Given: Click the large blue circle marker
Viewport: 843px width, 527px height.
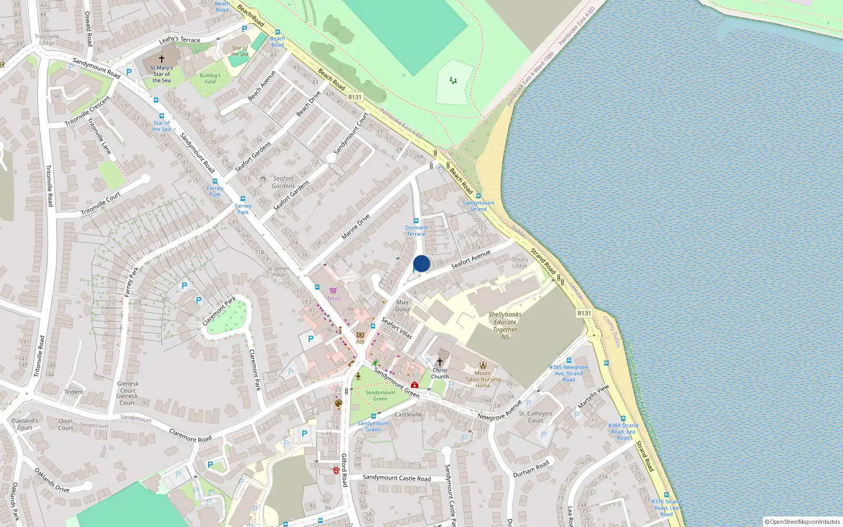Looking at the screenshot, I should pos(421,263).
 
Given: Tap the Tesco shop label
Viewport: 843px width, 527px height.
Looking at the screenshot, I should pos(334,298).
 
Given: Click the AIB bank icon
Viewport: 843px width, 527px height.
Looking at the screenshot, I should pos(360,335).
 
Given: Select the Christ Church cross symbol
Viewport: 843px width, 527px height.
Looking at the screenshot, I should pos(440,362).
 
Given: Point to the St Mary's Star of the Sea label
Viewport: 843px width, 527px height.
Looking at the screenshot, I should pos(161,74).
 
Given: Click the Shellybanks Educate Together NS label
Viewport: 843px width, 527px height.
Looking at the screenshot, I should pos(505,326).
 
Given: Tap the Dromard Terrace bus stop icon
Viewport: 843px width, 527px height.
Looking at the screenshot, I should pos(416,221).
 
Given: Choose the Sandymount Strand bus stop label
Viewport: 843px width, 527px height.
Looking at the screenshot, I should pos(478,206).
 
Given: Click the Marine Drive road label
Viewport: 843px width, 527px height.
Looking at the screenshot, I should pos(356,227).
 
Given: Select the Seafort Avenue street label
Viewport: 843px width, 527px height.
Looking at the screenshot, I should pos(470,259).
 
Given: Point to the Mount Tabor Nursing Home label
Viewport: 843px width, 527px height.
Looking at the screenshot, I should pos(483,379).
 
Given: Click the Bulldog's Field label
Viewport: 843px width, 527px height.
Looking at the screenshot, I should pos(210,79).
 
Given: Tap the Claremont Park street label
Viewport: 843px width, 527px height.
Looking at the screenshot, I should pos(219,311).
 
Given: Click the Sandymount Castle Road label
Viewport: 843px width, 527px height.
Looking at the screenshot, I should pos(397,478).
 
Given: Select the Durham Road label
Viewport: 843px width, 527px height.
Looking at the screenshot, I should pos(531,469).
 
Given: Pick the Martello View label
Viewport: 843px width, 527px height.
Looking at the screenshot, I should pos(593,396).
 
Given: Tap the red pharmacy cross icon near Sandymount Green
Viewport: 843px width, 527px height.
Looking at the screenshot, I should pos(415,385).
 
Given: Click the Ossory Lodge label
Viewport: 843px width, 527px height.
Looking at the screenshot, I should pos(519,262).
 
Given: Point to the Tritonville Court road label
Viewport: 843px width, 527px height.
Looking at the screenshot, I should pos(101,203).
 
